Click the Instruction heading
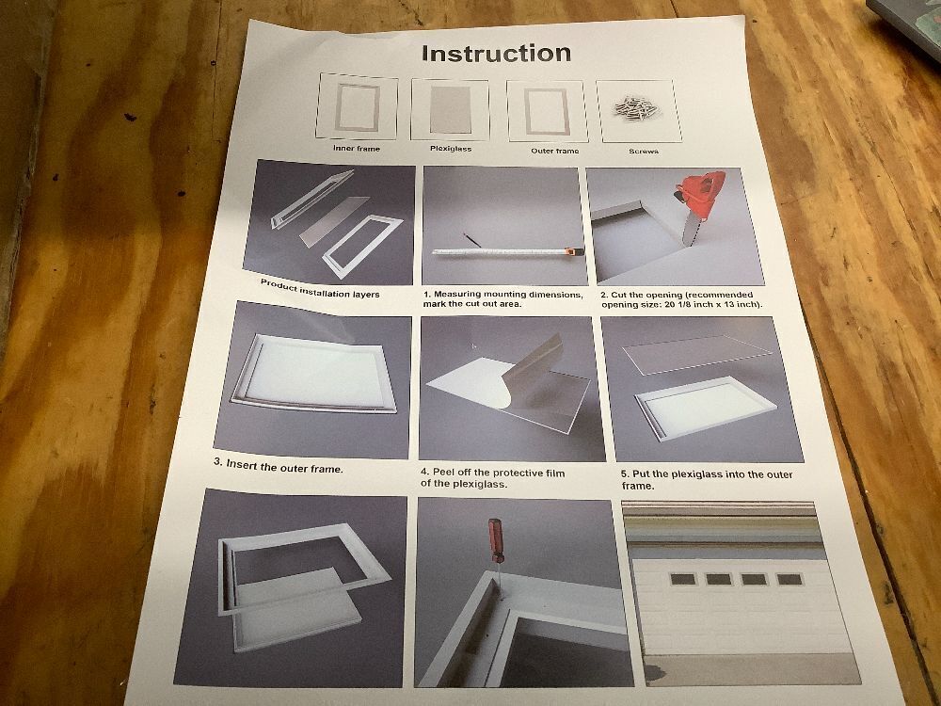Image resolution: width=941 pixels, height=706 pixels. [496, 54]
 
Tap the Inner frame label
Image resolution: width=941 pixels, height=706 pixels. [357, 149]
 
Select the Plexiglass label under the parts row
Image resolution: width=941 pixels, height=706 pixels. [451, 149]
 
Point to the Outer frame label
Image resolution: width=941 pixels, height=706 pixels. [554, 151]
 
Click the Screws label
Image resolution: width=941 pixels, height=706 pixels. [644, 152]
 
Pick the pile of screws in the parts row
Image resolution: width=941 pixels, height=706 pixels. [636, 108]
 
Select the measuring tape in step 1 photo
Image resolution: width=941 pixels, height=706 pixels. [508, 251]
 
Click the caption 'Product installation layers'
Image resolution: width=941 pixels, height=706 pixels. [319, 289]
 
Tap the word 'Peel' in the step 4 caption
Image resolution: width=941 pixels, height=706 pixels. [445, 473]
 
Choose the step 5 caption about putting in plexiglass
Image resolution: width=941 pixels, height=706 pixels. [707, 480]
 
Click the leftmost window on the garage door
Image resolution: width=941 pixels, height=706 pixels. [683, 579]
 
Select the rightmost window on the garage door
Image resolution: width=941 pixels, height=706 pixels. [789, 579]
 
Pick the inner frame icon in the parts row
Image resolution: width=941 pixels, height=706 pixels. [357, 107]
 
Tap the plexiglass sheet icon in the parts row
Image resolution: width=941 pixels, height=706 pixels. [451, 110]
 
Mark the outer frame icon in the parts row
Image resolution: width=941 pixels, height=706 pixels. [548, 112]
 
